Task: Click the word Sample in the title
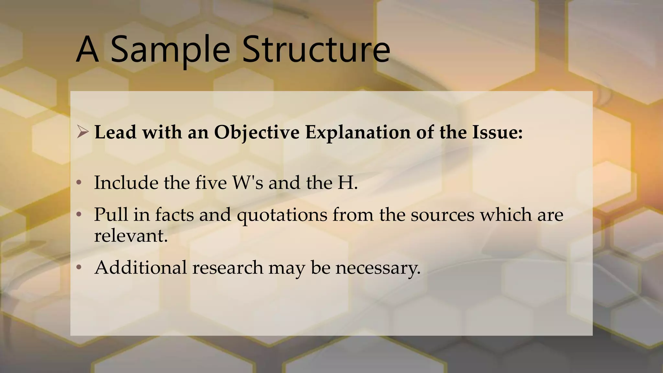coord(170,50)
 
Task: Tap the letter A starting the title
coord(87,50)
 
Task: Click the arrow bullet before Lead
coord(83,132)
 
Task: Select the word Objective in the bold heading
coord(257,132)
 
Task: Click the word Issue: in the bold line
coord(497,132)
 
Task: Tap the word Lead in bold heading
coord(115,132)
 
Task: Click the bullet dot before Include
coord(79,183)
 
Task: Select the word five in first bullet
coord(211,183)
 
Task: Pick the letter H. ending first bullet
coord(348,183)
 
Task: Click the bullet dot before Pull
coord(79,215)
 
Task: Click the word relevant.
coord(131,235)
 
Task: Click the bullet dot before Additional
coord(79,268)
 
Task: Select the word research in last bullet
coord(228,268)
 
